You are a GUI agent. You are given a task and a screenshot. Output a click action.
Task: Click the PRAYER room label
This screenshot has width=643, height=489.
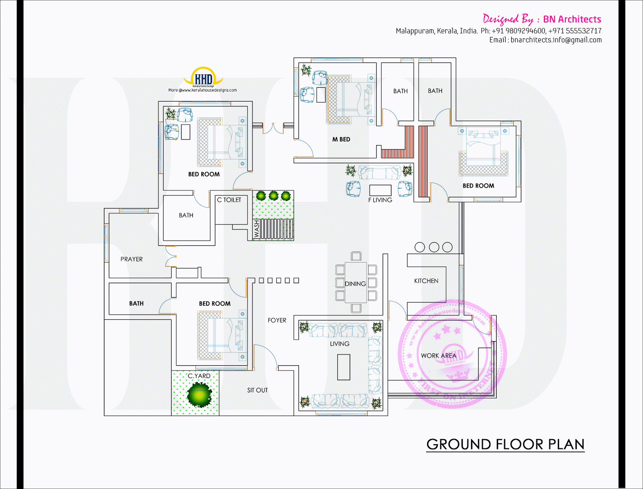(131, 259)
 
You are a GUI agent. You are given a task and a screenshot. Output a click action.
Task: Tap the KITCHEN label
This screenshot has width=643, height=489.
(426, 281)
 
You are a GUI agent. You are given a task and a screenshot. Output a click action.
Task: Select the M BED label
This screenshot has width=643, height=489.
(341, 139)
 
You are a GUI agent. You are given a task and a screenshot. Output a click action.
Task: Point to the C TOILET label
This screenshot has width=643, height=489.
(229, 200)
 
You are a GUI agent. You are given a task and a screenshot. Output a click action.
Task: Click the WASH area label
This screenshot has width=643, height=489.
(257, 229)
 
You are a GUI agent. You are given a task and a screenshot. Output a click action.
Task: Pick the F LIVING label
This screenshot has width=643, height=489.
(380, 200)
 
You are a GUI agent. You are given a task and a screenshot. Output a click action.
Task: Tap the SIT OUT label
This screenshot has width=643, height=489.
(257, 390)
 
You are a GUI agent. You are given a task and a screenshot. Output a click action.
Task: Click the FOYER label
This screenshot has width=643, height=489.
(277, 320)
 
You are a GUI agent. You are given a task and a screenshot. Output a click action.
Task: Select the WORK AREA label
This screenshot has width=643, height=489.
(438, 356)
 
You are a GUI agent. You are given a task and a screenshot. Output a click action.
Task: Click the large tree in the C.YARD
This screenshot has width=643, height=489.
(199, 395)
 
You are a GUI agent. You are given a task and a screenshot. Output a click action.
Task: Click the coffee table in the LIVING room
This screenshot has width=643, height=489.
(344, 367)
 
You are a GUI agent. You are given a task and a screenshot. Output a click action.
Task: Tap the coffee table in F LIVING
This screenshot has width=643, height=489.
(380, 190)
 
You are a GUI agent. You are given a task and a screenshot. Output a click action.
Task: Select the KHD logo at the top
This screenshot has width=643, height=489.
(203, 78)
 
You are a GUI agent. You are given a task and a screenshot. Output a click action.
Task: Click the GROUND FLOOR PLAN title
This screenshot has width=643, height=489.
(505, 444)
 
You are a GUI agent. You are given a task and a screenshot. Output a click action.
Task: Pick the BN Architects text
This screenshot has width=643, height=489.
(572, 19)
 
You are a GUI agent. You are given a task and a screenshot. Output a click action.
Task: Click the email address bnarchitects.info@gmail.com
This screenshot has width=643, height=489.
(556, 40)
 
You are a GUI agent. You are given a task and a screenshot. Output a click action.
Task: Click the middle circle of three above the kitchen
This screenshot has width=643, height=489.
(434, 247)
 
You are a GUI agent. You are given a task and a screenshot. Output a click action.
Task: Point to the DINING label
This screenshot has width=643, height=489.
(355, 284)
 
